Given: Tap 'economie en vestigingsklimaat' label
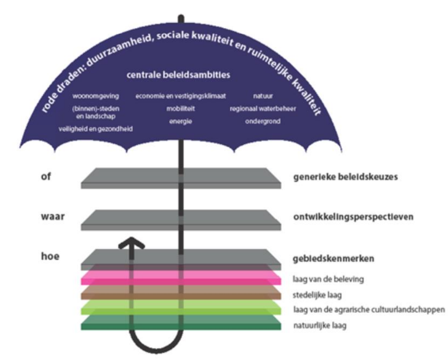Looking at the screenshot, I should point(180,96).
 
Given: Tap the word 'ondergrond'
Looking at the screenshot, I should point(263,121).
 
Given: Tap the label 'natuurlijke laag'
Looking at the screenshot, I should point(319,325).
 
